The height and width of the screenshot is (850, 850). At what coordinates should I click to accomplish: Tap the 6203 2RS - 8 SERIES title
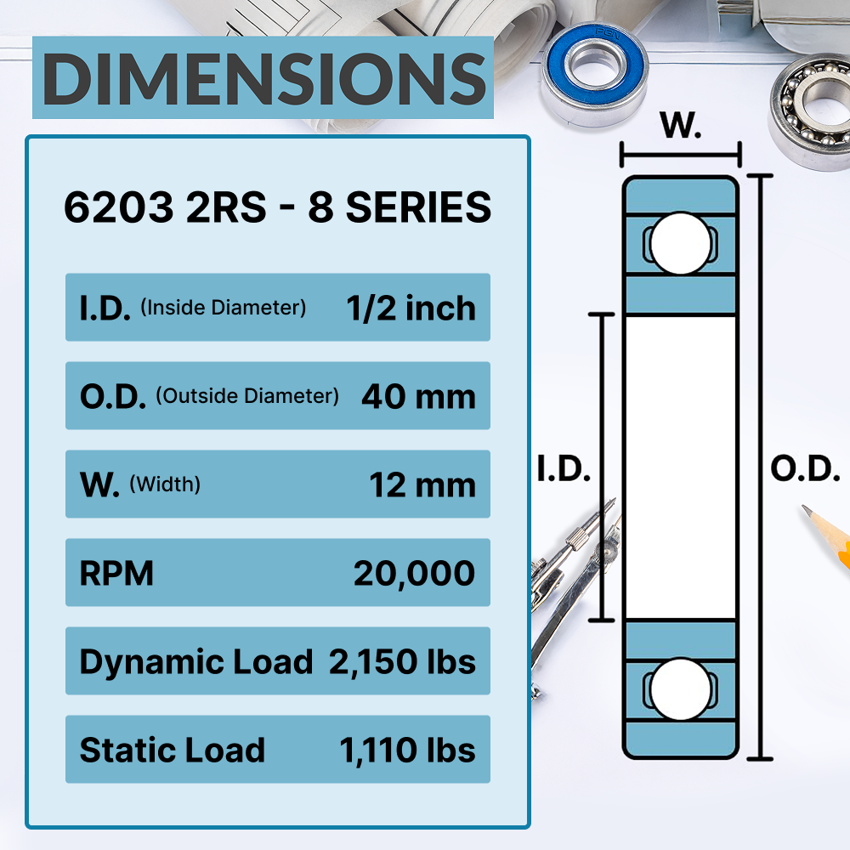tap(277, 207)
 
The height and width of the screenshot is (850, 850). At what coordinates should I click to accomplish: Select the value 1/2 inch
tap(411, 308)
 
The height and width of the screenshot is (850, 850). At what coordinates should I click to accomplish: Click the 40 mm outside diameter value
tap(417, 396)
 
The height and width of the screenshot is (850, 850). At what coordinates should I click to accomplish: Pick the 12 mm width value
tap(422, 484)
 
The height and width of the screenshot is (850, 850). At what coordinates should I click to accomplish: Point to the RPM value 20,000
tap(414, 574)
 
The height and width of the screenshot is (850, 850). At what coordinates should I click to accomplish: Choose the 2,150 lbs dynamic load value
tap(402, 661)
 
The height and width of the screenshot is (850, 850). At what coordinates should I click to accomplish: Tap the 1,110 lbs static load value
tap(407, 750)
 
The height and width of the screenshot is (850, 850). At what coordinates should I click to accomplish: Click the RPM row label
tap(116, 574)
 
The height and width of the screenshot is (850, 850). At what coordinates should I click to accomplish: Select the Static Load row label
tap(172, 750)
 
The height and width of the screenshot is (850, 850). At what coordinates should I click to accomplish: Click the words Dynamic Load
tap(195, 661)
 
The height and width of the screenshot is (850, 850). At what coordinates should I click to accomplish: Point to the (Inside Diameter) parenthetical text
tap(222, 308)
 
